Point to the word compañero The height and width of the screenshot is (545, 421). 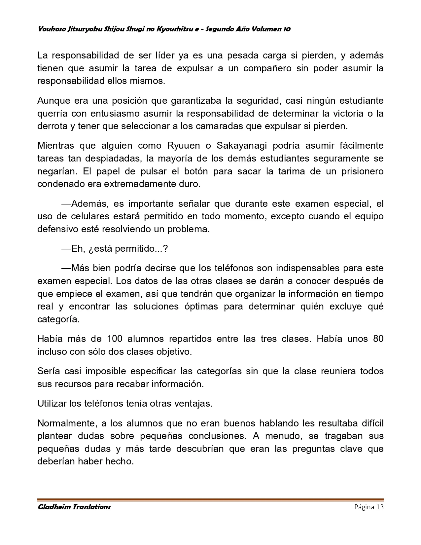(x=267, y=68)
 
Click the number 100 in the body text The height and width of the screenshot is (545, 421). (x=115, y=339)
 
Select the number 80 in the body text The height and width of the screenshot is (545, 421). (x=378, y=339)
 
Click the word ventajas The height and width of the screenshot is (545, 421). (x=193, y=404)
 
